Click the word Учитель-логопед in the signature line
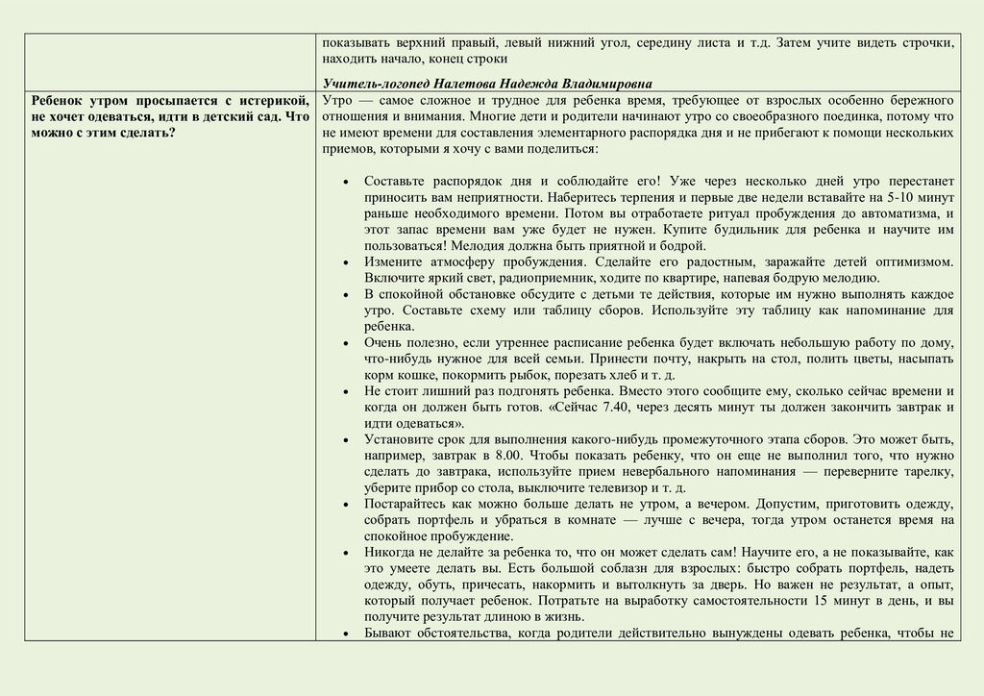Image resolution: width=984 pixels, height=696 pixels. point(369,84)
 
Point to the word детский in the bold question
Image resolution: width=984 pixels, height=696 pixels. point(215,116)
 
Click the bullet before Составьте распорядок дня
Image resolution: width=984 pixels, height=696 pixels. point(345,181)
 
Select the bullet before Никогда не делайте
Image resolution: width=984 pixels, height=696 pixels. point(345,553)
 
